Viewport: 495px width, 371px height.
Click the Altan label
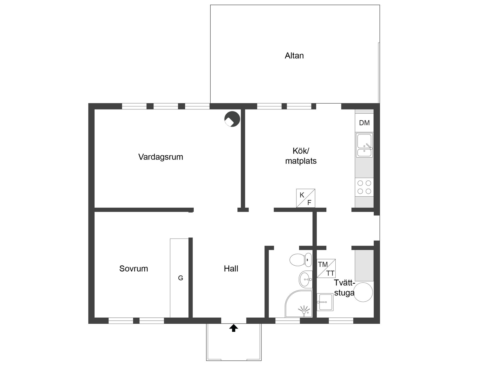coord(294,56)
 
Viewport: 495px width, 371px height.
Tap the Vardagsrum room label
coord(161,157)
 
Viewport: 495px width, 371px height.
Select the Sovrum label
coord(134,269)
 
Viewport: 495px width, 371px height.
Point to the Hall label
coord(231,269)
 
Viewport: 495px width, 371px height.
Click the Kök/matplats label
coord(301,156)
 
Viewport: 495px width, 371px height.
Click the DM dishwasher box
coord(364,123)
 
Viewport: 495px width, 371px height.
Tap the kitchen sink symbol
coord(364,145)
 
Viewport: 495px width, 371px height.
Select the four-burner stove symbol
coord(364,187)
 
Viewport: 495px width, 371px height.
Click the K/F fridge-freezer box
coord(306,198)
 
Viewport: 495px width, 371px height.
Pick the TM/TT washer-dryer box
coord(326,268)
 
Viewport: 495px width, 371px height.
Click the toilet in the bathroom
coord(301,260)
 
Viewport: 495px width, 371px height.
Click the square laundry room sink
coord(325,302)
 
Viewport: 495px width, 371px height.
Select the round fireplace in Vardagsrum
coord(232,119)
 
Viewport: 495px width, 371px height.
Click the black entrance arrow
coord(234,328)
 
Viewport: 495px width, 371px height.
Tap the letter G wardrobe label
coord(180,278)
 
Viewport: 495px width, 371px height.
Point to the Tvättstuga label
coord(344,288)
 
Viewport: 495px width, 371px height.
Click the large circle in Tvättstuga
coord(363,292)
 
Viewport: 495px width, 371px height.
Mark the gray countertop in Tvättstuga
coord(364,265)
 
